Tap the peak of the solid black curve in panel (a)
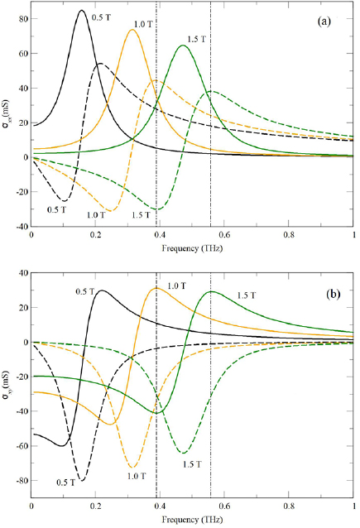pos(80,11)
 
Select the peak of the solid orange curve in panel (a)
pos(132,30)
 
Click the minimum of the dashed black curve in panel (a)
pos(63,200)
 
